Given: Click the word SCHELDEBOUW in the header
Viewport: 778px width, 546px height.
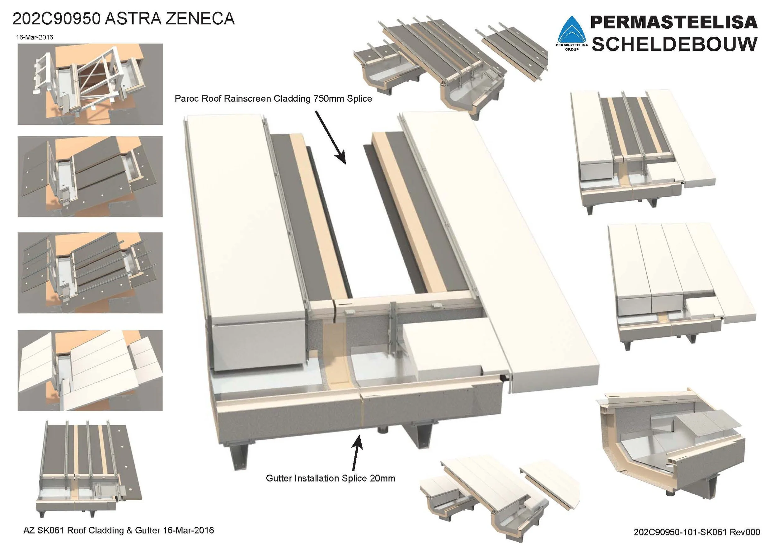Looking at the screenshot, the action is [x=674, y=44].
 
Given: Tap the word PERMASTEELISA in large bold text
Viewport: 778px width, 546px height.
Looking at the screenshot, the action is [x=674, y=22].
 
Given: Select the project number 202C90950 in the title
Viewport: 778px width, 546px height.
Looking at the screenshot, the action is [x=56, y=19].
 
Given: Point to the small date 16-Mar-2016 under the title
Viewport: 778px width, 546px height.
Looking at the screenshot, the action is [x=35, y=37].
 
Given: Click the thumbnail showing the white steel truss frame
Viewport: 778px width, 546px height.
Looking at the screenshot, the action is [x=90, y=84].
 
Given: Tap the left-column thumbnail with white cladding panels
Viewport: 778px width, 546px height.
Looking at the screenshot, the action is [x=90, y=371].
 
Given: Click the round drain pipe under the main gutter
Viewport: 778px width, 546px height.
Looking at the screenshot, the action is [x=382, y=430].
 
